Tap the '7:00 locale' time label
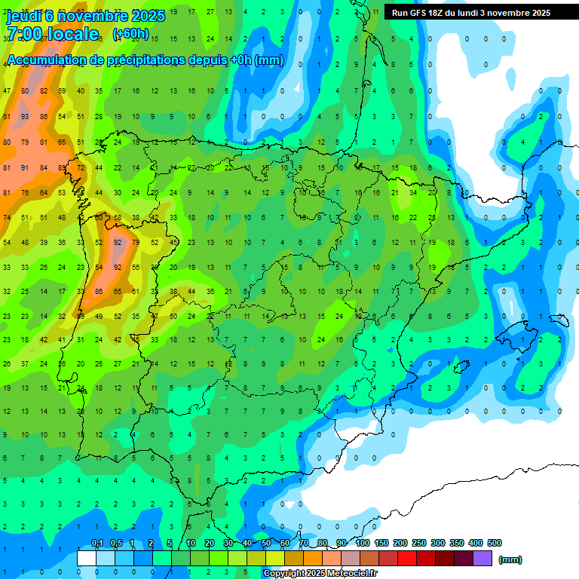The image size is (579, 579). [x=52, y=34]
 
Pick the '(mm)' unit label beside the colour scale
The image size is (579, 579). [x=510, y=559]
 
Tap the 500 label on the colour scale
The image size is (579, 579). [x=495, y=543]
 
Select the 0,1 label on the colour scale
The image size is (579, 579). [x=96, y=543]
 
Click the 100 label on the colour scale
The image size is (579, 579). [x=362, y=543]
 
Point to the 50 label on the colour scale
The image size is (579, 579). [x=266, y=543]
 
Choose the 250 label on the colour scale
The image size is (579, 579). [x=418, y=543]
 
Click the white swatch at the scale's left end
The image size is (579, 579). [x=87, y=559]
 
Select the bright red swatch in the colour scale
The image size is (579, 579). [x=407, y=559]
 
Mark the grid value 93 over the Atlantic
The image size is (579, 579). [x=25, y=116]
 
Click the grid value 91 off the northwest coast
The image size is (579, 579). [x=25, y=167]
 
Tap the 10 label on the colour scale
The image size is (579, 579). [x=191, y=543]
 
